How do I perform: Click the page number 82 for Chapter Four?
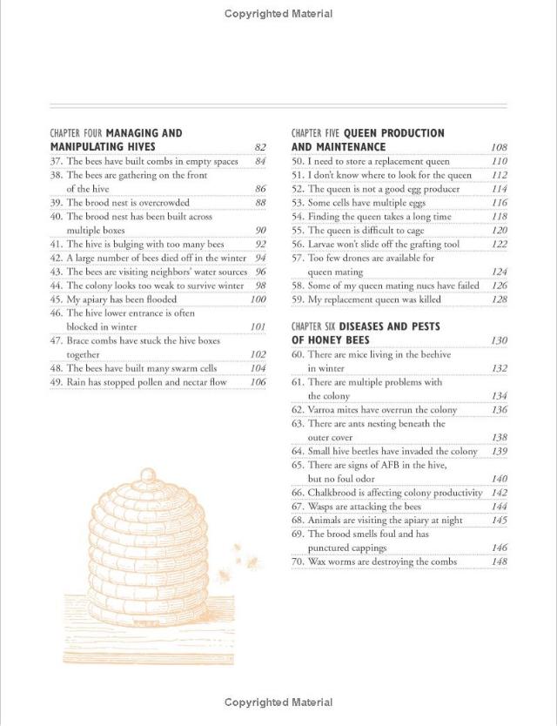tap(259, 147)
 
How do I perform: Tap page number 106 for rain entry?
tap(258, 382)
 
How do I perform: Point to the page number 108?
tap(499, 147)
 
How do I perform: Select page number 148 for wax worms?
tap(499, 561)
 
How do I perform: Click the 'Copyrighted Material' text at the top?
tap(278, 13)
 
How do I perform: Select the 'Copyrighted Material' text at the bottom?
tap(278, 702)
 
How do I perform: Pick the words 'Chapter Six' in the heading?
tap(312, 326)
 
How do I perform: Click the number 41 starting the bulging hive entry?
tap(56, 245)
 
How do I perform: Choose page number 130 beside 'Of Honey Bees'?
tap(499, 340)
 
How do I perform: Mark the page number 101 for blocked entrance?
tap(258, 327)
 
